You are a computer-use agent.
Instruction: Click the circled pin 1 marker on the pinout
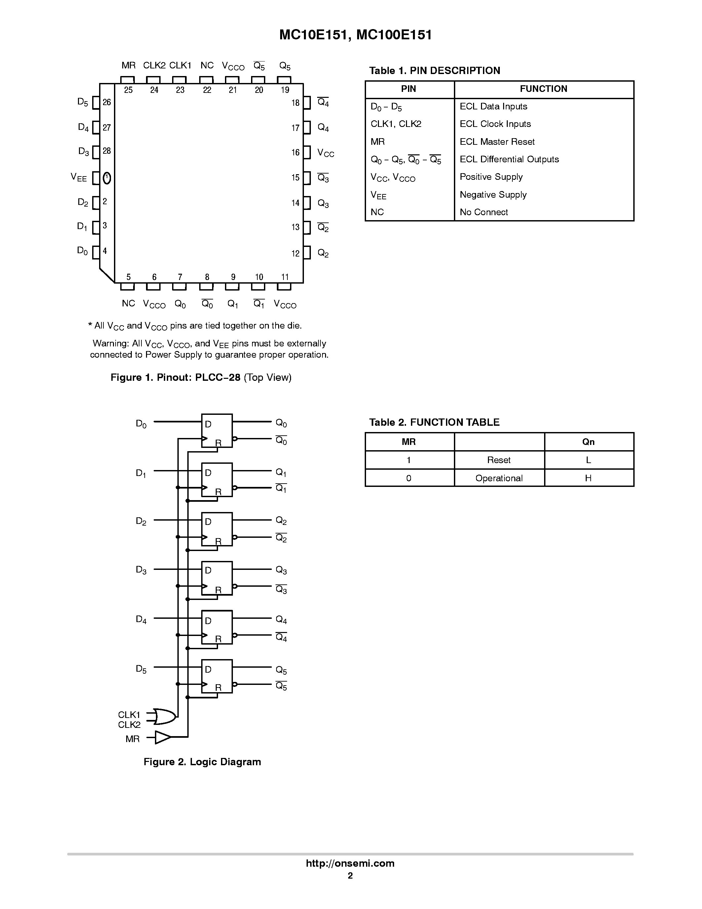tap(107, 178)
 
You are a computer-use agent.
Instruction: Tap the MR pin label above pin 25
tap(129, 65)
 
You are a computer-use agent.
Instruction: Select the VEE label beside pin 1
tap(79, 178)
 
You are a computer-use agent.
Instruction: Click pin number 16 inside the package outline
tap(295, 152)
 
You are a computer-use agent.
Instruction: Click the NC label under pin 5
tap(129, 303)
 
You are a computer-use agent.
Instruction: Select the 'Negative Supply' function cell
tap(493, 194)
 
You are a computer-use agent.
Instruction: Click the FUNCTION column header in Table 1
tap(543, 89)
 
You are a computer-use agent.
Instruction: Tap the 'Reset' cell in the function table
tap(499, 460)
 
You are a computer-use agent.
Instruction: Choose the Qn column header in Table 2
tap(588, 442)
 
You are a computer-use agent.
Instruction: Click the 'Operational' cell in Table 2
tap(499, 478)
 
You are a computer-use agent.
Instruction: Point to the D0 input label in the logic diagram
tap(141, 424)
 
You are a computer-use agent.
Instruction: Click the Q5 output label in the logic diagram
tap(281, 670)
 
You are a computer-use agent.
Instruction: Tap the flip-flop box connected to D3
tap(217, 578)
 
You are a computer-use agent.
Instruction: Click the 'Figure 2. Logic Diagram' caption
tap(202, 762)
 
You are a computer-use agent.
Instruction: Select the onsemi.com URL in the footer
tap(350, 863)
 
